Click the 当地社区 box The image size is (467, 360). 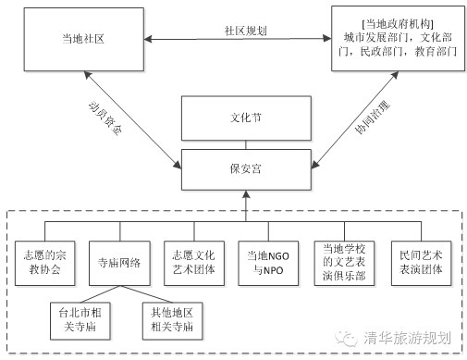(x=84, y=40)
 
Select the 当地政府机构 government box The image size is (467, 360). (x=398, y=39)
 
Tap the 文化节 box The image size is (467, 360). (x=246, y=118)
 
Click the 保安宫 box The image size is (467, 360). (x=246, y=169)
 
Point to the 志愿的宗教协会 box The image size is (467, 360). (x=45, y=263)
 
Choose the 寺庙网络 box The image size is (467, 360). (x=119, y=263)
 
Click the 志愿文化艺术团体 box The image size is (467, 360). (x=194, y=263)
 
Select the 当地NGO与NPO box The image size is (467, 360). (x=268, y=263)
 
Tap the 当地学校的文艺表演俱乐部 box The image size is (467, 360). (x=344, y=263)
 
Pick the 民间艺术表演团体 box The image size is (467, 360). (x=421, y=263)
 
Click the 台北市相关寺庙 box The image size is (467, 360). (x=80, y=321)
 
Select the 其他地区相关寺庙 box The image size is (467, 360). (x=172, y=321)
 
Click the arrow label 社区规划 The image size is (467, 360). (x=245, y=31)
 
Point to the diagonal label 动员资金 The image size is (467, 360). (x=105, y=118)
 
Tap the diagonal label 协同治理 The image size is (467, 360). (x=372, y=118)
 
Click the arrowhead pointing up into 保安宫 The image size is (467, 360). (x=246, y=194)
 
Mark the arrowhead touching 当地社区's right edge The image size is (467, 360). (x=148, y=40)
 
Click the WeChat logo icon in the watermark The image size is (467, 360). (x=346, y=339)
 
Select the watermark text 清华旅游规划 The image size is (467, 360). (x=407, y=338)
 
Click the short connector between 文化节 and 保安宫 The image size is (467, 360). (x=246, y=145)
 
